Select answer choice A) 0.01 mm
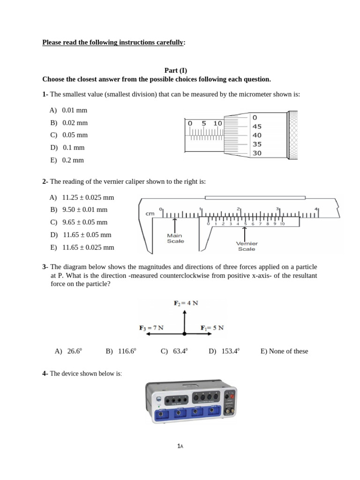coord(68,111)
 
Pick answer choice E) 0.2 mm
coord(67,160)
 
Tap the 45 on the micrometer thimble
coord(257,126)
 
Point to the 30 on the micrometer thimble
coord(257,153)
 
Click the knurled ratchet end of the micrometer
coord(293,135)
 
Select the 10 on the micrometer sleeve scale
coord(217,123)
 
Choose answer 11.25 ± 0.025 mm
coord(82,197)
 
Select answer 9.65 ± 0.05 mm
coord(80,222)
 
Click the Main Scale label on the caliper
coord(175,238)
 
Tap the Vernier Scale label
coord(246,246)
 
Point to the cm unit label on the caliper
coord(150,214)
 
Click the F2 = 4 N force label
coord(186,303)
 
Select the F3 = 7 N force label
coord(151,328)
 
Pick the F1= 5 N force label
coord(212,328)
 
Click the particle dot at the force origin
coord(185,334)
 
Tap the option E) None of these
coord(284,351)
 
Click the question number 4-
coord(45,374)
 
